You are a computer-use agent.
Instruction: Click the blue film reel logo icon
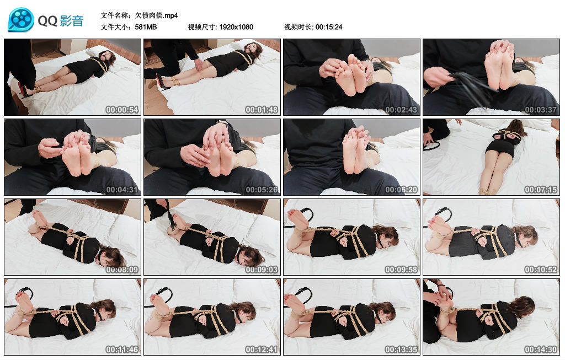[x=21, y=19]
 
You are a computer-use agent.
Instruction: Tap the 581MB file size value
[x=146, y=27]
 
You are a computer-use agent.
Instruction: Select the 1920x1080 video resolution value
[x=236, y=27]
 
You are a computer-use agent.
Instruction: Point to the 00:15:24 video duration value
[x=329, y=27]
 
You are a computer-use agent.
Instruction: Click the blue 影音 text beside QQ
[x=72, y=21]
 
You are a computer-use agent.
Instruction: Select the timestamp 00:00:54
[x=122, y=110]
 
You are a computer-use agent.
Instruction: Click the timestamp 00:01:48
[x=262, y=110]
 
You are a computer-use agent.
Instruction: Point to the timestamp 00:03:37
[x=541, y=110]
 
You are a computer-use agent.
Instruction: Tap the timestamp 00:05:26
[x=262, y=190]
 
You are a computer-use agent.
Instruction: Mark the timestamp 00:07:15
[x=541, y=190]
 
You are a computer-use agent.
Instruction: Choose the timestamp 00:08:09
[x=122, y=270]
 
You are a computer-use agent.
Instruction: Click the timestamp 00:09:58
[x=401, y=270]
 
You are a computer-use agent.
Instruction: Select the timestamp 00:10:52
[x=541, y=270]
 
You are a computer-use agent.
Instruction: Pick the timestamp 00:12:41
[x=262, y=350]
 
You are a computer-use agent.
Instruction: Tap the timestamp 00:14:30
[x=541, y=350]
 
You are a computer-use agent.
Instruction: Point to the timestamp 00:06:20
[x=401, y=190]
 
